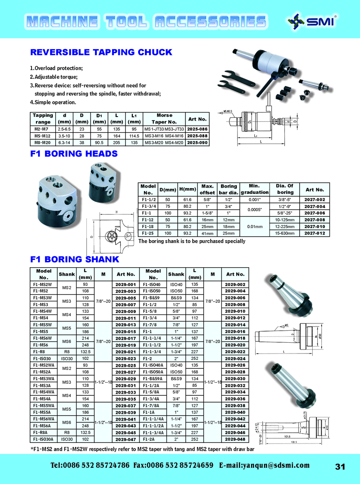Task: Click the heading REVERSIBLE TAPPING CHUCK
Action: click(101, 52)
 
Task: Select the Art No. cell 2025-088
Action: click(197, 135)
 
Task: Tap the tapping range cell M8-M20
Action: click(43, 143)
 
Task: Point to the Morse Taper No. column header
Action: click(164, 119)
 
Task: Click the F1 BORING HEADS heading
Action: click(74, 154)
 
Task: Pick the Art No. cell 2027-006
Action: click(315, 213)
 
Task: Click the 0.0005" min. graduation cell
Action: click(255, 209)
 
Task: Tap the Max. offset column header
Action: click(207, 189)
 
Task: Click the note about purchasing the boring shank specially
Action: click(192, 241)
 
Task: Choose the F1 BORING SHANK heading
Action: click(75, 260)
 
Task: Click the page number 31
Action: click(340, 466)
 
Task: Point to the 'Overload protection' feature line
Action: click(56, 68)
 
